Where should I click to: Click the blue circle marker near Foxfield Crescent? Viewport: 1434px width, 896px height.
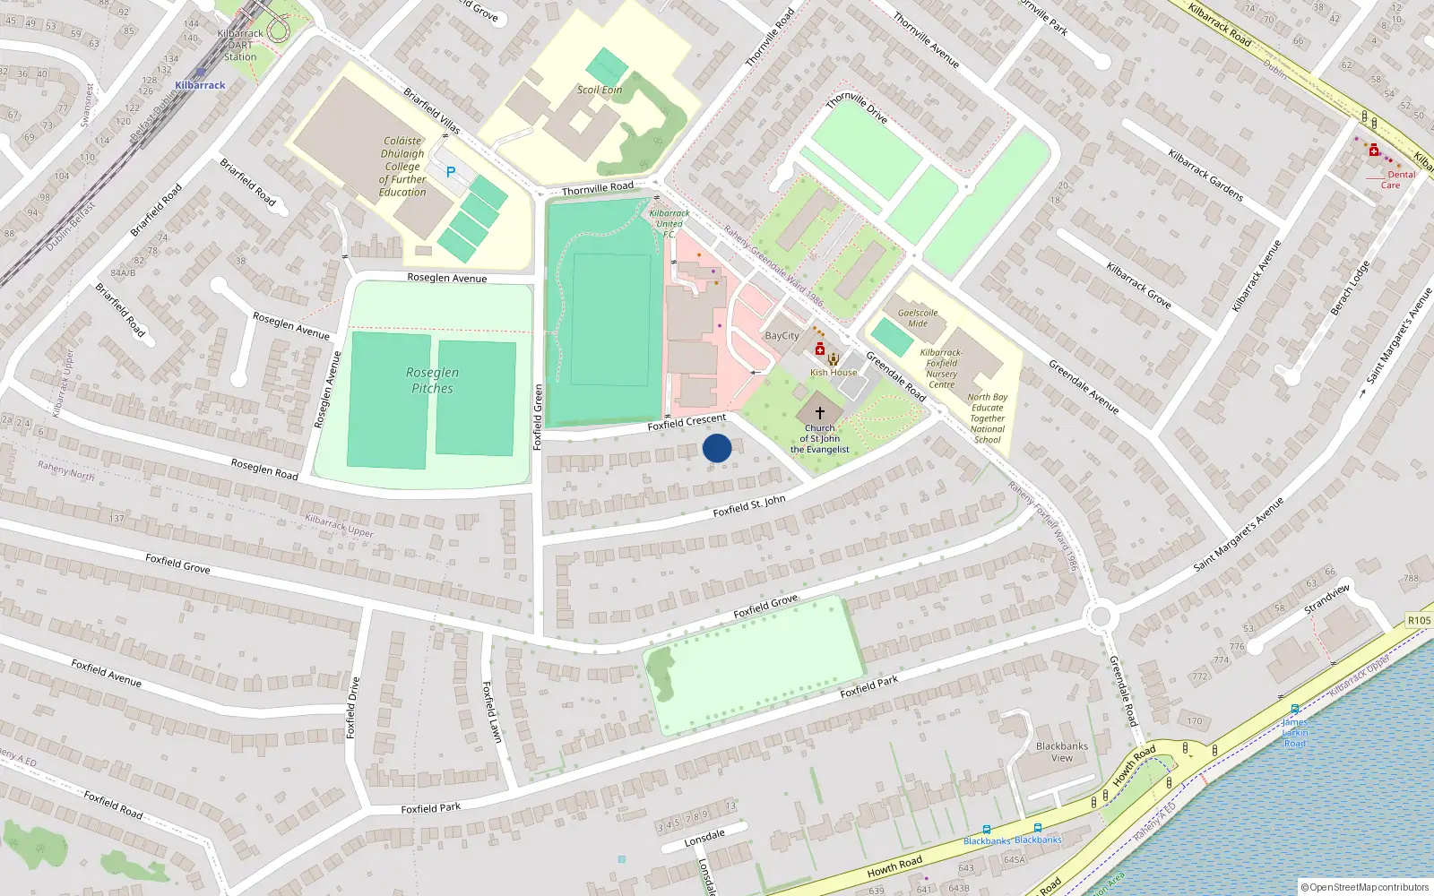pyautogui.click(x=717, y=448)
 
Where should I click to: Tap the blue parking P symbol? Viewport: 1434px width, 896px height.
pyautogui.click(x=451, y=172)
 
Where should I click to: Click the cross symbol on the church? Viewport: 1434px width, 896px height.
pyautogui.click(x=819, y=413)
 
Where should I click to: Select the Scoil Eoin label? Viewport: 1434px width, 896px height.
pyautogui.click(x=600, y=90)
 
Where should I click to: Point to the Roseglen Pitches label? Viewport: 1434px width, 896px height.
pyautogui.click(x=432, y=380)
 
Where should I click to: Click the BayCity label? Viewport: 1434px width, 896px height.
pyautogui.click(x=782, y=336)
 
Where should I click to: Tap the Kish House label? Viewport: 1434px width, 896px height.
pyautogui.click(x=834, y=373)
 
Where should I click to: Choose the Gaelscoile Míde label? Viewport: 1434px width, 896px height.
pyautogui.click(x=918, y=318)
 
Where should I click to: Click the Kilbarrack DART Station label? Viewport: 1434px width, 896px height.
pyautogui.click(x=240, y=45)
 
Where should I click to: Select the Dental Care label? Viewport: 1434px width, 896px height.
pyautogui.click(x=1395, y=180)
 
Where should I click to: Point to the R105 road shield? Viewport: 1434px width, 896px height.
pyautogui.click(x=1419, y=620)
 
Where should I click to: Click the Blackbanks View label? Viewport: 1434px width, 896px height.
pyautogui.click(x=1061, y=752)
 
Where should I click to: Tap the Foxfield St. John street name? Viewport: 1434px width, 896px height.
pyautogui.click(x=748, y=506)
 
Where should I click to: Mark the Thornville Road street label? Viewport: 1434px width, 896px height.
pyautogui.click(x=597, y=188)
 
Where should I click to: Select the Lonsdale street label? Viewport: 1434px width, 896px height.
pyautogui.click(x=704, y=839)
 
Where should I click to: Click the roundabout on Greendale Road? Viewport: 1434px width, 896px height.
pyautogui.click(x=1101, y=616)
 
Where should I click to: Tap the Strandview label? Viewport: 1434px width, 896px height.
pyautogui.click(x=1327, y=599)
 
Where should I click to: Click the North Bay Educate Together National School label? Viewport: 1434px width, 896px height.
pyautogui.click(x=987, y=418)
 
